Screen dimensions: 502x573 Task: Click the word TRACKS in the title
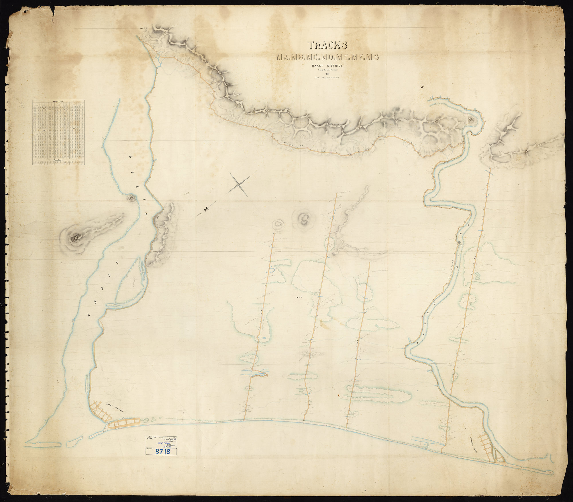pos(327,45)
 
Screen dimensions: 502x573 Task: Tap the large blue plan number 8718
pos(162,452)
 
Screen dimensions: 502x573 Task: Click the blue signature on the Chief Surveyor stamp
pos(164,442)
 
